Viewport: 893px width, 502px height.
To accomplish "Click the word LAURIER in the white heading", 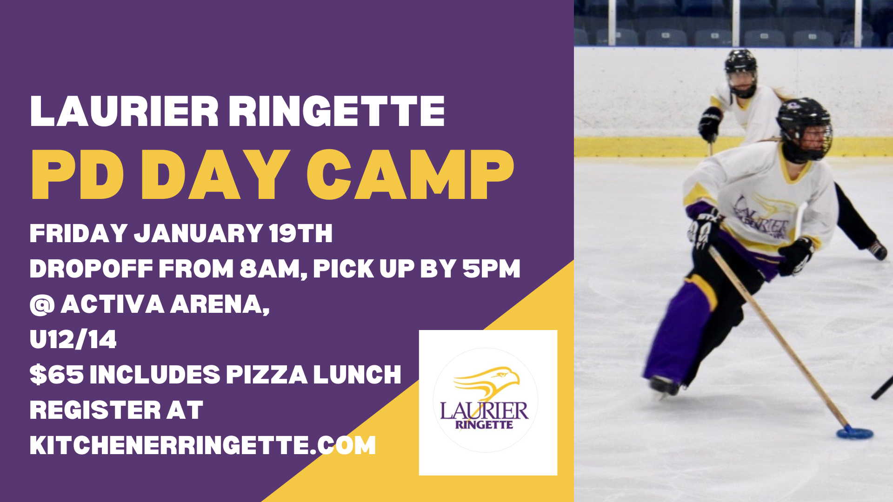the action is [124, 111].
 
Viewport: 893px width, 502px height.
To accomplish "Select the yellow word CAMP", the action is [410, 175].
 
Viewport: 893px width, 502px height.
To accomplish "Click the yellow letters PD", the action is [78, 175].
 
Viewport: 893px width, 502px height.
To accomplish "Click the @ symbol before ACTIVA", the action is [42, 305].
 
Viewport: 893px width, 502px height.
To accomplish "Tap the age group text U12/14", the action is [73, 339].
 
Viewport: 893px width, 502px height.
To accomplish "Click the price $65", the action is [57, 375].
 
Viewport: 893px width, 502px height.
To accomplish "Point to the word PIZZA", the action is [267, 375].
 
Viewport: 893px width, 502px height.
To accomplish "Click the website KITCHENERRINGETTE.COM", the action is [203, 445].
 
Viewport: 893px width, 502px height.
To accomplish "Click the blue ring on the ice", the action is [855, 433].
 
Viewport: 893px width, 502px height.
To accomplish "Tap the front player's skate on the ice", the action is [664, 386].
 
